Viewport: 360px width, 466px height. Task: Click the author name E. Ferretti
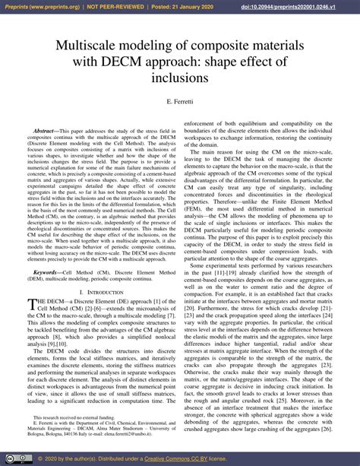pos(180,101)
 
